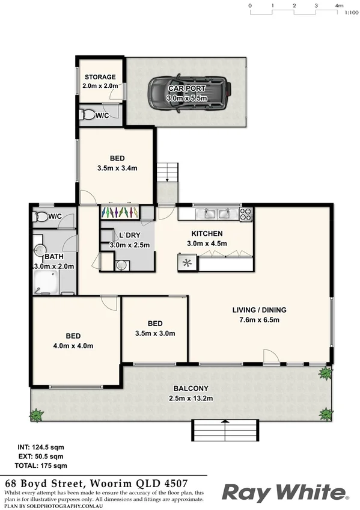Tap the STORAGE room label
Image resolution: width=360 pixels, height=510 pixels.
point(100,77)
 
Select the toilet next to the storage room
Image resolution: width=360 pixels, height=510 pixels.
point(88,114)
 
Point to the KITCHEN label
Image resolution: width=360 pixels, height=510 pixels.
point(207,233)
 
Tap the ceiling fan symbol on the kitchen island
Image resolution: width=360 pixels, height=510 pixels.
point(186,262)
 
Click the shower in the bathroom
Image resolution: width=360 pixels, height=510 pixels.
point(47,281)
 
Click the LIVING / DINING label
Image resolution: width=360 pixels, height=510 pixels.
point(260,310)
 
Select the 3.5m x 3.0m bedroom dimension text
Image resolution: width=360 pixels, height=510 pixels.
point(154,332)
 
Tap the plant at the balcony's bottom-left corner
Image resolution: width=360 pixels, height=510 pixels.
point(37,414)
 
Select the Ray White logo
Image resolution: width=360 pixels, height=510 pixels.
point(284,493)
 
